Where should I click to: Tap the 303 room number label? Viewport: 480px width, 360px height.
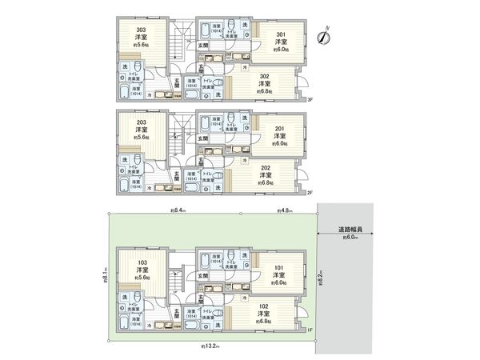142,30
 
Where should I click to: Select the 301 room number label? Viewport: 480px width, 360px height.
281,34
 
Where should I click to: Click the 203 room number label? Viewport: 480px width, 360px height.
142,122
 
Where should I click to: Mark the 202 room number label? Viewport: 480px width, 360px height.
264,166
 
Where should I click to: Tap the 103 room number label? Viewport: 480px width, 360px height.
142,262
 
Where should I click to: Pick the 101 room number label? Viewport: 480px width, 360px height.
281,266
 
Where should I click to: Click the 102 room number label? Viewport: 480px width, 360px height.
264,306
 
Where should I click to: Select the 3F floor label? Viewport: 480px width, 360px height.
310,99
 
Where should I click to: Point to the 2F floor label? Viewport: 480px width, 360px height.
310,192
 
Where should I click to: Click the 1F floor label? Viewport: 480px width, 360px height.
310,330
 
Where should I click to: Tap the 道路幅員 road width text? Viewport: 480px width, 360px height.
349,229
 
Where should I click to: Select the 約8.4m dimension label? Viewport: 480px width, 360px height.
178,210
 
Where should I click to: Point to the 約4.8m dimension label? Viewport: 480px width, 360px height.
284,210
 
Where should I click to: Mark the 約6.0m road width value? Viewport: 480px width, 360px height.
349,238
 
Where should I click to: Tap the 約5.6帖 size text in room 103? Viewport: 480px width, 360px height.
142,278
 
